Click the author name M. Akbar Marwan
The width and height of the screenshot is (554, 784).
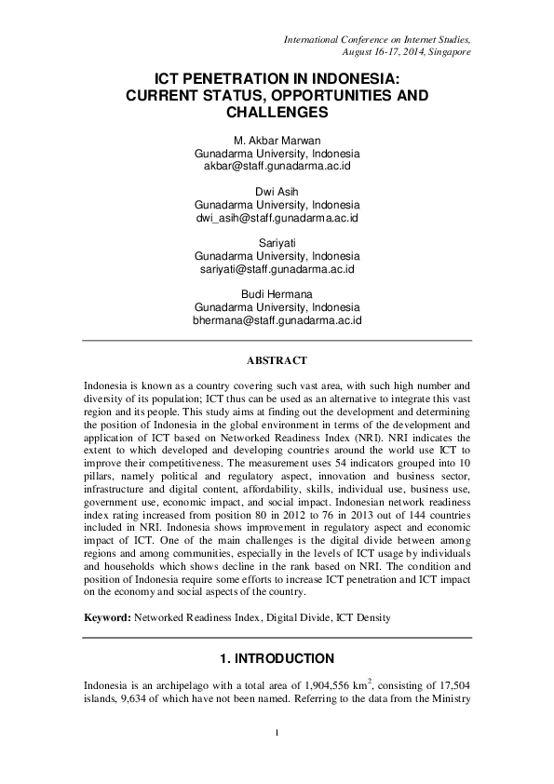click(277, 139)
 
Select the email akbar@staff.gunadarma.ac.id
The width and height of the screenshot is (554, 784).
click(277, 167)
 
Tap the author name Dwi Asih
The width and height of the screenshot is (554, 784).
click(277, 190)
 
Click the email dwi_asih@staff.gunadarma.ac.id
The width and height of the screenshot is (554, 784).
click(277, 218)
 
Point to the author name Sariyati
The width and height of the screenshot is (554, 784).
click(277, 241)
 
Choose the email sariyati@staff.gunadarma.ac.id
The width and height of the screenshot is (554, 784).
click(277, 269)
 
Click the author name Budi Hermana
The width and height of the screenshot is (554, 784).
click(277, 292)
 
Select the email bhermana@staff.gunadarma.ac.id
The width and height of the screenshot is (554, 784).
click(277, 320)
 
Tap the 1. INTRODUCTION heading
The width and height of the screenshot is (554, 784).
click(277, 658)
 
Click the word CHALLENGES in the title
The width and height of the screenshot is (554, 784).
click(277, 112)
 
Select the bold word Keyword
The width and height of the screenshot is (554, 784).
click(106, 616)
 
